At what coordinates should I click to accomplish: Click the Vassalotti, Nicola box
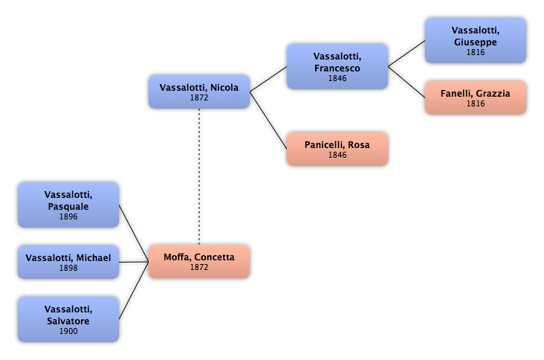coord(199,91)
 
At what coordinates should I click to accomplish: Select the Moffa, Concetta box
coord(199,261)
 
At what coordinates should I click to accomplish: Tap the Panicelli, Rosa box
coord(337,149)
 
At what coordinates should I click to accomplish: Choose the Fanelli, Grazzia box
coord(476,97)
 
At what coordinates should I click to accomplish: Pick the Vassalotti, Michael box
coord(68,262)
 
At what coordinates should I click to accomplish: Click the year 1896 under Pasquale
coord(68,216)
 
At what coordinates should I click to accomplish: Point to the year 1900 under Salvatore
coord(68,331)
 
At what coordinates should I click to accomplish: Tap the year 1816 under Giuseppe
coord(476,52)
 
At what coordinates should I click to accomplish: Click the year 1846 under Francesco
coord(337,78)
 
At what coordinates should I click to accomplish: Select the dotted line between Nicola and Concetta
coord(199,177)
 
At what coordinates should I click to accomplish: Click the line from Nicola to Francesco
coord(268,79)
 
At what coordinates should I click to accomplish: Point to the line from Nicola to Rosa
coord(268,120)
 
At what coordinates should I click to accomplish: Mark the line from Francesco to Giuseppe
coord(407,54)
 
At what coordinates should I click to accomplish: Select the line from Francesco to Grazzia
coord(407,82)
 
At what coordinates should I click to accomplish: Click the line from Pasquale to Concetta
coord(134,234)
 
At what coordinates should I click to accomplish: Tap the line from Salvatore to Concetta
coord(134,291)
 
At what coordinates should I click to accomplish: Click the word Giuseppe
coord(476,42)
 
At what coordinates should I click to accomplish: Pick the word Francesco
coord(337,68)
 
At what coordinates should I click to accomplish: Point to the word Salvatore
coord(68,321)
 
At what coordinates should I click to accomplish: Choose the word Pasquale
coord(68,207)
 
